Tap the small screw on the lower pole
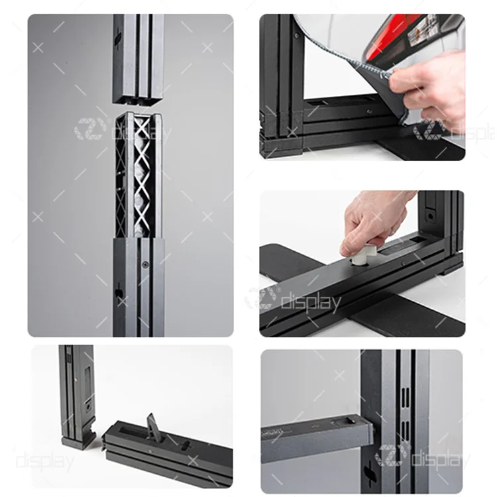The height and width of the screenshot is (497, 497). [145, 264]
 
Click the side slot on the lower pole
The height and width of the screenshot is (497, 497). [119, 292]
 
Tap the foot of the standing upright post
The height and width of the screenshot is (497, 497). [78, 440]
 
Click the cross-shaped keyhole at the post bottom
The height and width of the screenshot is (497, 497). [369, 474]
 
